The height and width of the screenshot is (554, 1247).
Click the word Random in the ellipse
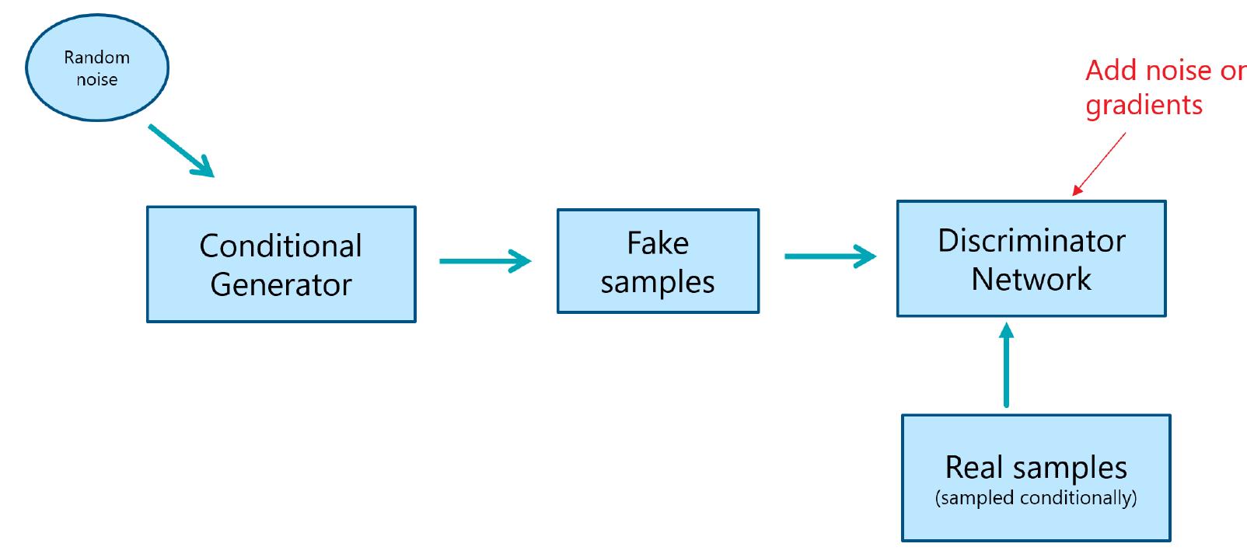click(96, 57)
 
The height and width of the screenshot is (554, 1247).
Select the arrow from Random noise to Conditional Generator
click(180, 151)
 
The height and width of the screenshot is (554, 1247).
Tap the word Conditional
click(281, 246)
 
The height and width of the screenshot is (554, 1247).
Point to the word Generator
click(281, 285)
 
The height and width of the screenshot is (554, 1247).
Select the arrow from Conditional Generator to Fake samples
click(485, 261)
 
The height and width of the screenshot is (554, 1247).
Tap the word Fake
click(658, 243)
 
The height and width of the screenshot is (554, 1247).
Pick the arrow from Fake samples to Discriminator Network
click(830, 256)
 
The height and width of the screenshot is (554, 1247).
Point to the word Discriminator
click(1031, 241)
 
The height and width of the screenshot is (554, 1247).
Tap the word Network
click(1031, 279)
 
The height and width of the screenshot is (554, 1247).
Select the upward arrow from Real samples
click(1007, 365)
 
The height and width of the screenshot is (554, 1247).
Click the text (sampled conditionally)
click(1036, 497)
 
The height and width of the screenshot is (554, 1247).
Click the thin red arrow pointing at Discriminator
click(1099, 164)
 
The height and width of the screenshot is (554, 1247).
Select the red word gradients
click(1144, 105)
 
